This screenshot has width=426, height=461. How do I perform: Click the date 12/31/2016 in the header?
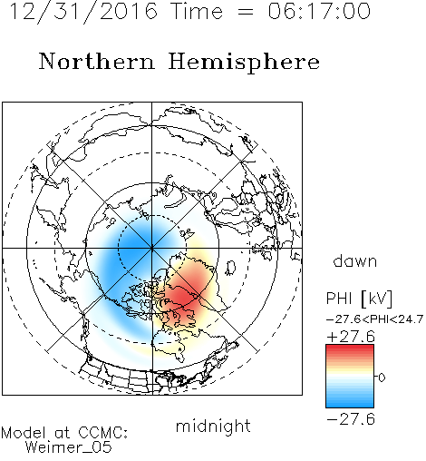tap(83, 12)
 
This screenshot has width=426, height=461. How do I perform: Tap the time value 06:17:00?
tap(319, 11)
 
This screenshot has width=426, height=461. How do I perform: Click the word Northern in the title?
tap(97, 62)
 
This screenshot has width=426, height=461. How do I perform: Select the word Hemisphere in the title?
tap(244, 62)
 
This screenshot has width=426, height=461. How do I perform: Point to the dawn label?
tap(355, 260)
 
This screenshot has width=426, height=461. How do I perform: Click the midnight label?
tap(213, 426)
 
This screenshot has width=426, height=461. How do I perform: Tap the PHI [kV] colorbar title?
tap(360, 299)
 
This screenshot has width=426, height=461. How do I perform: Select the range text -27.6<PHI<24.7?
tap(374, 319)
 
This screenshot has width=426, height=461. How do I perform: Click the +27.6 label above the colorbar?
tap(351, 337)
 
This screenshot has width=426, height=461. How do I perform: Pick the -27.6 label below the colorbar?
tap(351, 419)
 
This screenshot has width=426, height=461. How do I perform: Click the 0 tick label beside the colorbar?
tap(382, 378)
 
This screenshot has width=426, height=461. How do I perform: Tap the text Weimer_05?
tap(69, 447)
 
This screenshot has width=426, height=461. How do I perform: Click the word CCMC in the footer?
tap(102, 433)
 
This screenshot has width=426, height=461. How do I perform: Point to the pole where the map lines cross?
tap(152, 248)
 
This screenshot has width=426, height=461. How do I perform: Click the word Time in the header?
tap(197, 11)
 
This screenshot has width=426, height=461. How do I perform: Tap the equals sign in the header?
tap(245, 13)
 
